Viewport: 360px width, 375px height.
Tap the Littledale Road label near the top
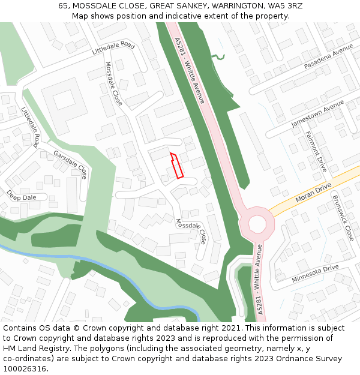113,49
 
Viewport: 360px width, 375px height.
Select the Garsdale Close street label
70,163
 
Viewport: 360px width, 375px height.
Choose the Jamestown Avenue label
317,113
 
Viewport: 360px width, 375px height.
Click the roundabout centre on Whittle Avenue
257,224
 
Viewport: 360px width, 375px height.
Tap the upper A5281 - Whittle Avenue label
190,70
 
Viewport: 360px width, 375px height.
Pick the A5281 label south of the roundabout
260,279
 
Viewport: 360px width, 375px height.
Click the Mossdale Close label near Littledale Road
113,83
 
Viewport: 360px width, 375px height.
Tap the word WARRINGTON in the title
234,6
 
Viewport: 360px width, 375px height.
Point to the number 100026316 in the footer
25,368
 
